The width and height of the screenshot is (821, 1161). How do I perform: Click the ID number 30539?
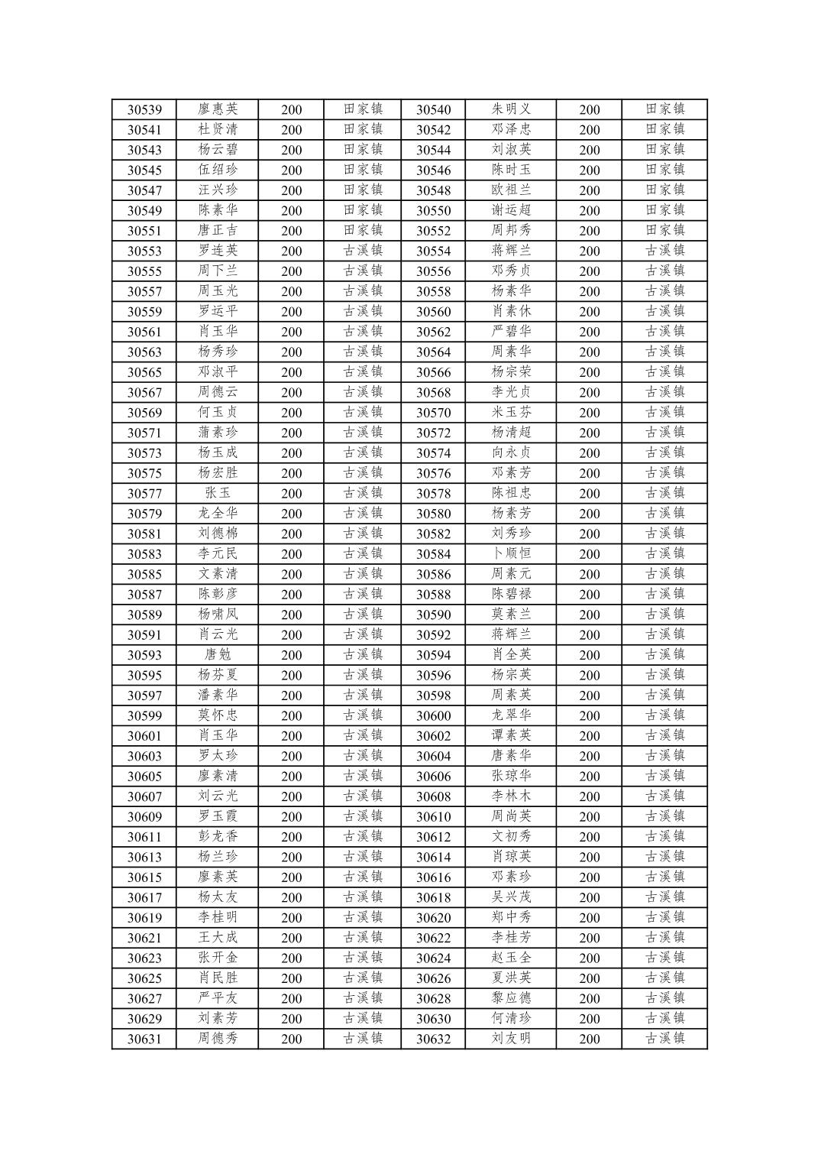[144, 110]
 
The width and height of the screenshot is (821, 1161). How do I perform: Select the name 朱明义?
[511, 109]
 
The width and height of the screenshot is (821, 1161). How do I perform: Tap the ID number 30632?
[433, 1039]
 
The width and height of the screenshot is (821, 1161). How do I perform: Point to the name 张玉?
[218, 493]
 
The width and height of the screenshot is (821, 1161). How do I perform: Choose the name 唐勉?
[218, 655]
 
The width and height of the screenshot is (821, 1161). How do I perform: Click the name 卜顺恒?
[511, 553]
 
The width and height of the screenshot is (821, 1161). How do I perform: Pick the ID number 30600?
[433, 716]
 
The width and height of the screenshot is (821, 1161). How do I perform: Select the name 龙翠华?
[511, 715]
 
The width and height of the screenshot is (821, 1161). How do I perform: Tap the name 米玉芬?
[511, 412]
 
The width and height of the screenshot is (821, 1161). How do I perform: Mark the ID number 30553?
[144, 251]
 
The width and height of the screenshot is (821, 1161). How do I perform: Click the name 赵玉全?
[511, 958]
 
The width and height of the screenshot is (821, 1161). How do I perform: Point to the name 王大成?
[218, 938]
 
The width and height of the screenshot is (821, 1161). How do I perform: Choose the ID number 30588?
[433, 595]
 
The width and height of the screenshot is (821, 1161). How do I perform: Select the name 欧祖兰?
[511, 190]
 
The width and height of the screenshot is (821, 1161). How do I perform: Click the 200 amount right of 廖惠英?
[291, 110]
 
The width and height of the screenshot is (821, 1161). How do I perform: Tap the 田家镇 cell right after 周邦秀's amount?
[664, 230]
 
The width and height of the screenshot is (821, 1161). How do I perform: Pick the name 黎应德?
[511, 998]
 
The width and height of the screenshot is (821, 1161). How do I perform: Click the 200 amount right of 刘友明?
[589, 1039]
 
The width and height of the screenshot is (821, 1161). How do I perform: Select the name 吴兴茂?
[511, 897]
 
